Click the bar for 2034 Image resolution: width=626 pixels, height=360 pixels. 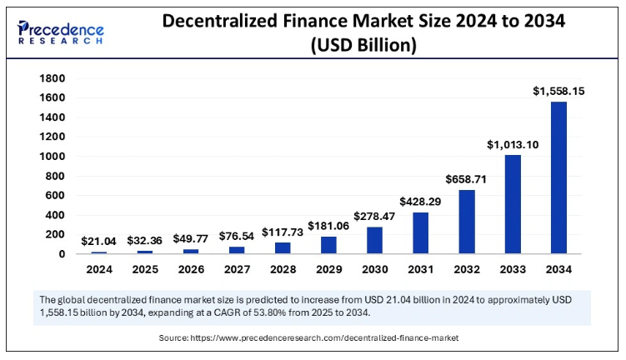pos(558,177)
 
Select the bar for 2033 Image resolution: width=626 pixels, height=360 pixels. pos(513,204)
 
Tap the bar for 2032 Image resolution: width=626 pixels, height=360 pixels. pos(467,222)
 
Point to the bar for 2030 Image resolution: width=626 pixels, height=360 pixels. pos(375,240)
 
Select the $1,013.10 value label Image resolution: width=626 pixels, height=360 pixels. pos(513,144)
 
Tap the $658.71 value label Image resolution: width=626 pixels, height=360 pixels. pos(467,178)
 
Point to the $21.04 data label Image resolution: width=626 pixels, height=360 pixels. pos(99,241)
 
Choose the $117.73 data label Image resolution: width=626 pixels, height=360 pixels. pos(283,232)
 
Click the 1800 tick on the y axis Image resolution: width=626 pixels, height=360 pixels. pos(53,78)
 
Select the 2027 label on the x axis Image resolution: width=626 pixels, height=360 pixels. pos(237,269)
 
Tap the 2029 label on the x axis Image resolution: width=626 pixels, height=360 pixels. pos(329,269)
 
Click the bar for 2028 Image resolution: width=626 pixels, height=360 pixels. pos(283,247)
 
